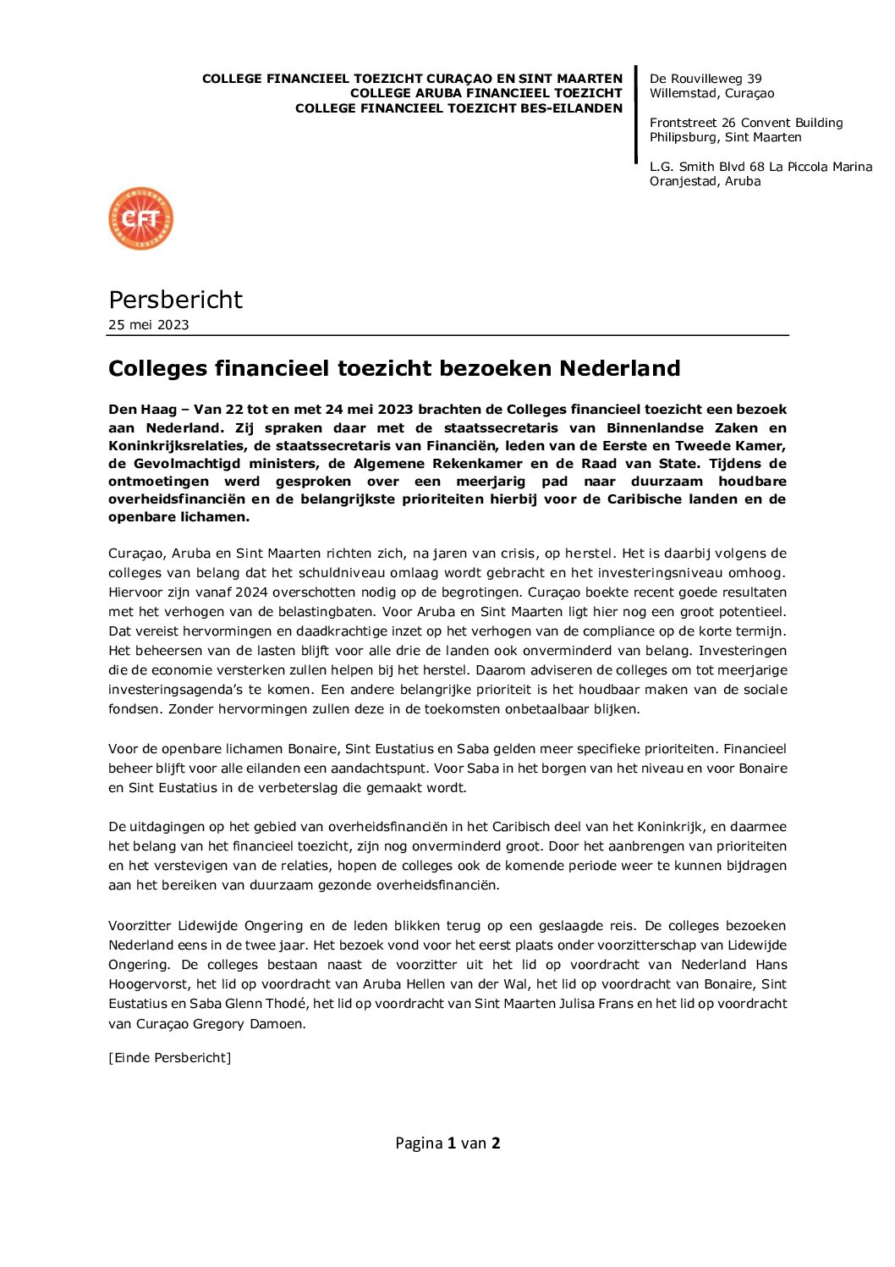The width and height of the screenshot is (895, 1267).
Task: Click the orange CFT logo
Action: point(140,219)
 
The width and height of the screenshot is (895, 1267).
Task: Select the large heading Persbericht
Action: point(175,300)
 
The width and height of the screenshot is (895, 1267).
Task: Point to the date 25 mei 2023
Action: point(149,325)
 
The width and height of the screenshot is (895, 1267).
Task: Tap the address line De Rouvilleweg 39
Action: point(706,79)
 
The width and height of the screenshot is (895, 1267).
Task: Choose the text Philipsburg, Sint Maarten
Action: point(725,137)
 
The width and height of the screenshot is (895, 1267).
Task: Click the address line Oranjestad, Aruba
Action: point(705,181)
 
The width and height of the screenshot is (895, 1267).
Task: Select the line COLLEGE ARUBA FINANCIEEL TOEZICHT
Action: point(486,93)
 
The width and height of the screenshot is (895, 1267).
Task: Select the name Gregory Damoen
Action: point(248,1024)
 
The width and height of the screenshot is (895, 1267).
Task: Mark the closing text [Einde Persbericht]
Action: point(169,1058)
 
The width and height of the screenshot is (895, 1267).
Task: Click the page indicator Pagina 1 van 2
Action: point(447,1143)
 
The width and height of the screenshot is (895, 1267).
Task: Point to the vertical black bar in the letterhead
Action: point(636,114)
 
